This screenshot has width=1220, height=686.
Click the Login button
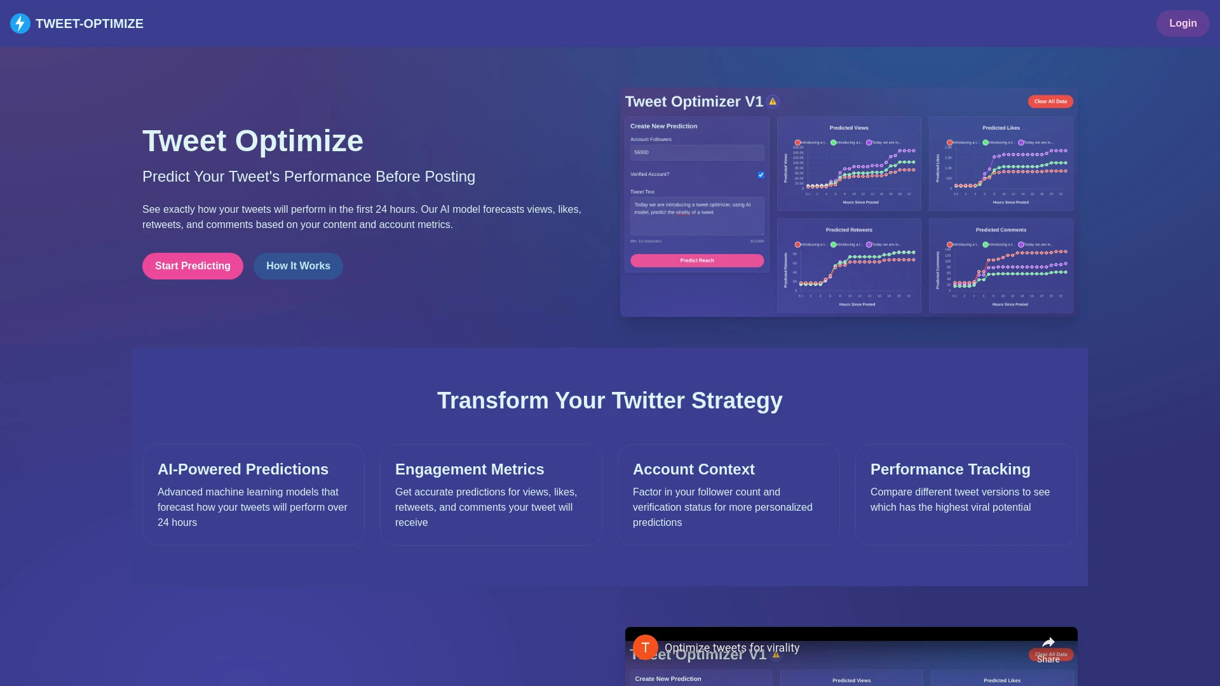pyautogui.click(x=1183, y=24)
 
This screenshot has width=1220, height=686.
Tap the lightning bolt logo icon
pyautogui.click(x=20, y=24)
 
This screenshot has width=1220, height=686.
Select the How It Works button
pyautogui.click(x=298, y=266)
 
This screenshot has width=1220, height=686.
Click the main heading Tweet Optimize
pyautogui.click(x=252, y=141)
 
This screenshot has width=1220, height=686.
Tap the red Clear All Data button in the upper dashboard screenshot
pyautogui.click(x=1050, y=102)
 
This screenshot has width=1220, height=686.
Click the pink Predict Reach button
pyautogui.click(x=697, y=260)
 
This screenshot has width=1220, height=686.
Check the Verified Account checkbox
pyautogui.click(x=761, y=175)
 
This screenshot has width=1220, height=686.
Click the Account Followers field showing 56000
pyautogui.click(x=697, y=152)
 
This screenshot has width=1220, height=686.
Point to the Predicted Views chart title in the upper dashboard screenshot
pyautogui.click(x=848, y=128)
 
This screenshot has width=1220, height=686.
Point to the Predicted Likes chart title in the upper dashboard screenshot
pyautogui.click(x=1001, y=128)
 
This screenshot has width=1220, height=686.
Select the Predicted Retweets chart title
pyautogui.click(x=848, y=230)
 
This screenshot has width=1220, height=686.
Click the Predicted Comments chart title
pyautogui.click(x=1001, y=230)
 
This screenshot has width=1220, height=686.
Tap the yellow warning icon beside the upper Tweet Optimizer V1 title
pyautogui.click(x=773, y=102)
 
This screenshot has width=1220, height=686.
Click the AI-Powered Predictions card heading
pyautogui.click(x=243, y=469)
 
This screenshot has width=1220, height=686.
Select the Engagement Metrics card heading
pyautogui.click(x=470, y=469)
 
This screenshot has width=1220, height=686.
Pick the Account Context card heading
pyautogui.click(x=693, y=469)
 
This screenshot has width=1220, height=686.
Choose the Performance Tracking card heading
pyautogui.click(x=950, y=469)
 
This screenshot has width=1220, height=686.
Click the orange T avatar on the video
pyautogui.click(x=645, y=647)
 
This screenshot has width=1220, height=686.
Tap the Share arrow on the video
pyautogui.click(x=1048, y=643)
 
